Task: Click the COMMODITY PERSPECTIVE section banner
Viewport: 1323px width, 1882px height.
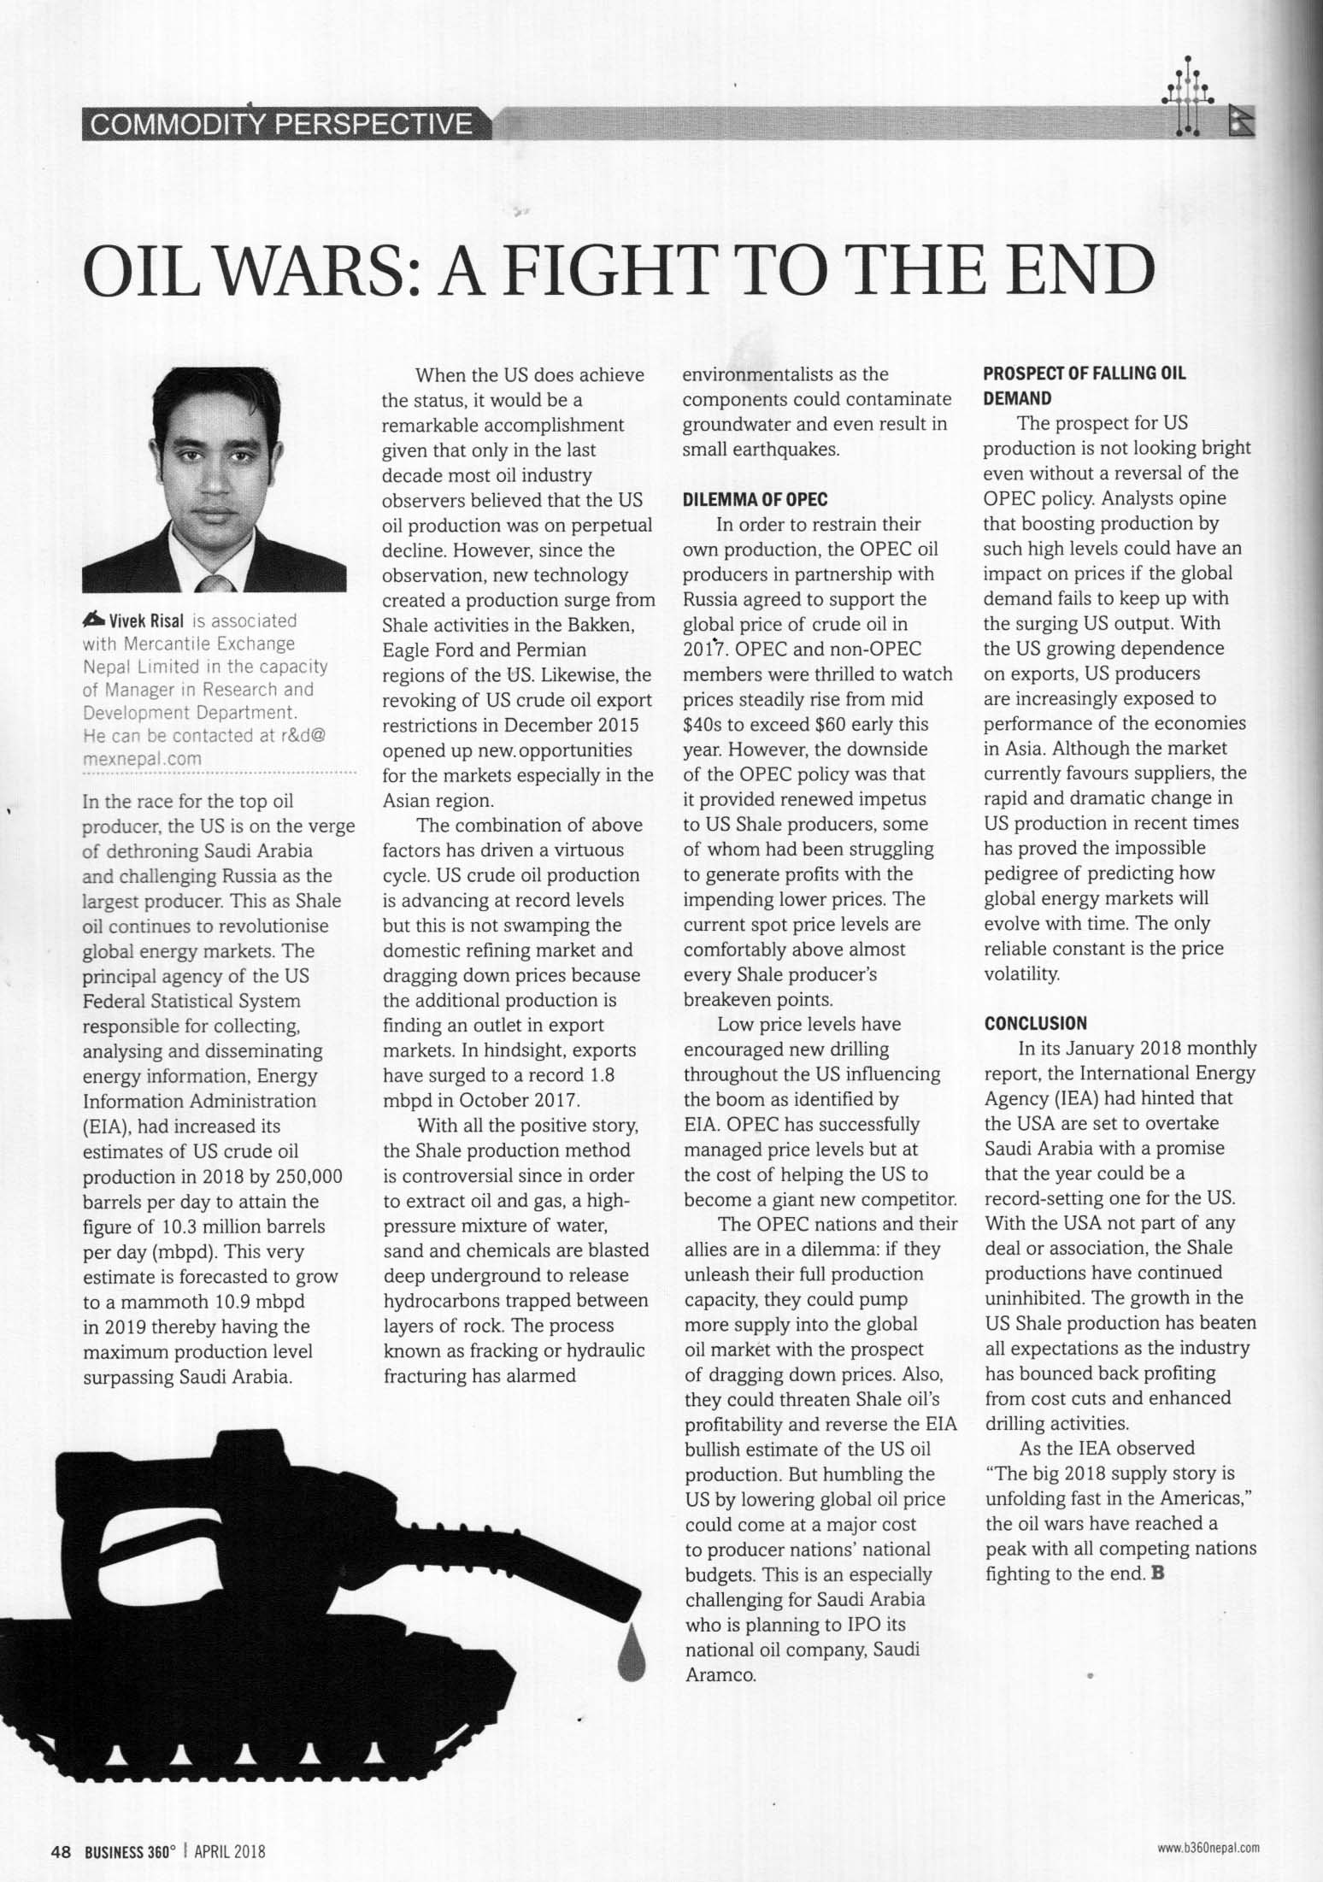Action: [x=282, y=125]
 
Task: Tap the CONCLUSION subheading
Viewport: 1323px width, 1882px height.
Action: [x=1036, y=1023]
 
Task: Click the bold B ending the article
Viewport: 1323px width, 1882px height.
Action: [x=1158, y=1573]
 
